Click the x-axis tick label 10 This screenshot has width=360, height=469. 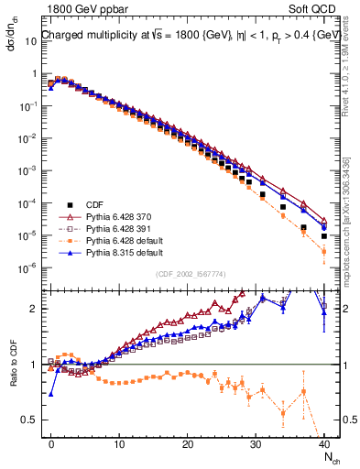119,443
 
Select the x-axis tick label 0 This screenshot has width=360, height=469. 51,443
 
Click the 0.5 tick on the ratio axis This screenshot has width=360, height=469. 31,420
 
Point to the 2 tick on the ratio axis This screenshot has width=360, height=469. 35,309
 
